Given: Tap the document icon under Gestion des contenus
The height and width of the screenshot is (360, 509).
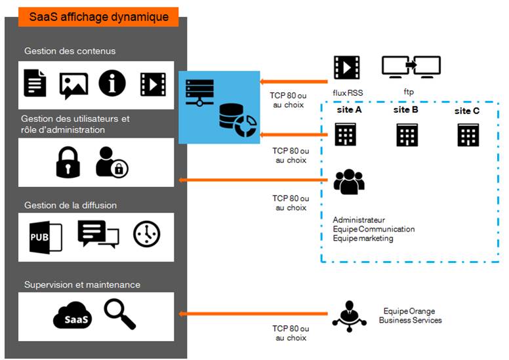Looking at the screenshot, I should click(x=35, y=84).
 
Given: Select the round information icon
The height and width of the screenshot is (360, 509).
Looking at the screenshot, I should click(x=112, y=83).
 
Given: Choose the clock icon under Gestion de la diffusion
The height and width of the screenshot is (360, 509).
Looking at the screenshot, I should click(x=146, y=234).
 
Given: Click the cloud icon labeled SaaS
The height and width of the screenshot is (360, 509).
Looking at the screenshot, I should click(x=73, y=317).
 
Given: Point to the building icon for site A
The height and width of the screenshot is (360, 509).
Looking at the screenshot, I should click(x=345, y=134).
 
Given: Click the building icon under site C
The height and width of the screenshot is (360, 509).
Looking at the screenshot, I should click(x=468, y=134).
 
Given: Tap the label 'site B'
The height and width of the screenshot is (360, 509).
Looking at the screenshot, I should click(x=406, y=110).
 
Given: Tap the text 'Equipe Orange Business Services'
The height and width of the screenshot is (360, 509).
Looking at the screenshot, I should click(x=410, y=315).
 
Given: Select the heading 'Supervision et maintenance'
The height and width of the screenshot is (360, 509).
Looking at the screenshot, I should click(x=82, y=285).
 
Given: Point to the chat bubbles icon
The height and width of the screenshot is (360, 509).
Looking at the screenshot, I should click(x=98, y=234).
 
